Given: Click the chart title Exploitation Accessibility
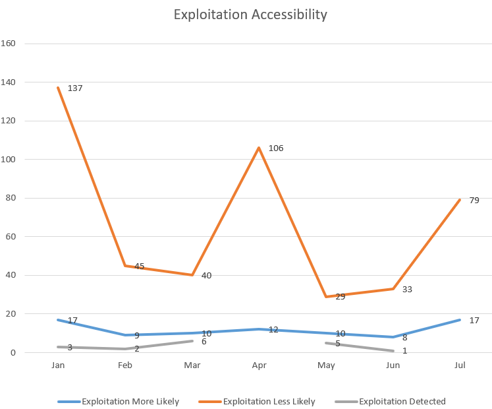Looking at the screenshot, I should (x=250, y=15).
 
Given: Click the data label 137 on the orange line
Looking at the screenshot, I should (x=75, y=88).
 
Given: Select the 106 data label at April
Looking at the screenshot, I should (x=275, y=148).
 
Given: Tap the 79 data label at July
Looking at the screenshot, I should (x=474, y=200).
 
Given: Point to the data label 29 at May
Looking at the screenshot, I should (x=340, y=297).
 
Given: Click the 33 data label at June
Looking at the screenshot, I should (x=407, y=289).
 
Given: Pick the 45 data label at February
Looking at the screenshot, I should (x=139, y=266).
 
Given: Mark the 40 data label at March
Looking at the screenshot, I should (x=206, y=275).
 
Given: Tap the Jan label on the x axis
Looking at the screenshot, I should (x=58, y=365).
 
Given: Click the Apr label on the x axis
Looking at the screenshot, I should (x=259, y=365).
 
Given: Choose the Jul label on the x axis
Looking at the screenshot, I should (x=460, y=365).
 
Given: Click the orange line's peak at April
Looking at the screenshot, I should (x=259, y=148).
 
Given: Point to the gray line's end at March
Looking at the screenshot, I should (x=192, y=340).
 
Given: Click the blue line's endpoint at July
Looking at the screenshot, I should (x=460, y=320).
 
